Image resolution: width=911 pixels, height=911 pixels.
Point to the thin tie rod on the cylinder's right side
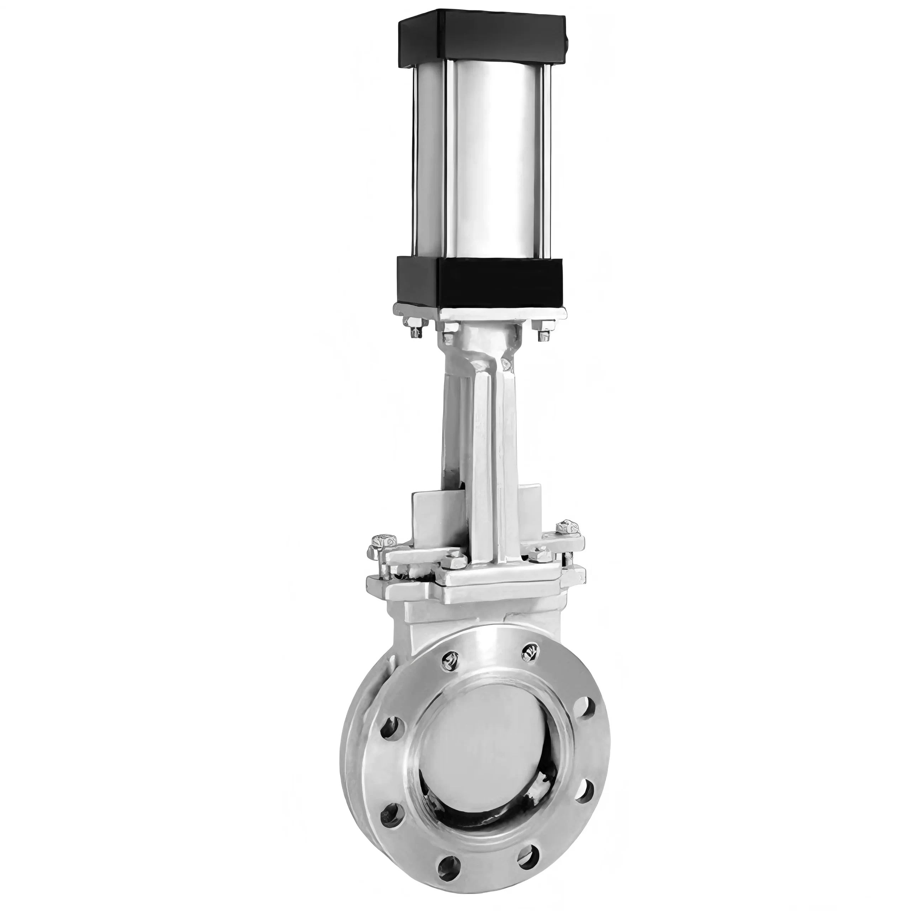(x=547, y=160)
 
